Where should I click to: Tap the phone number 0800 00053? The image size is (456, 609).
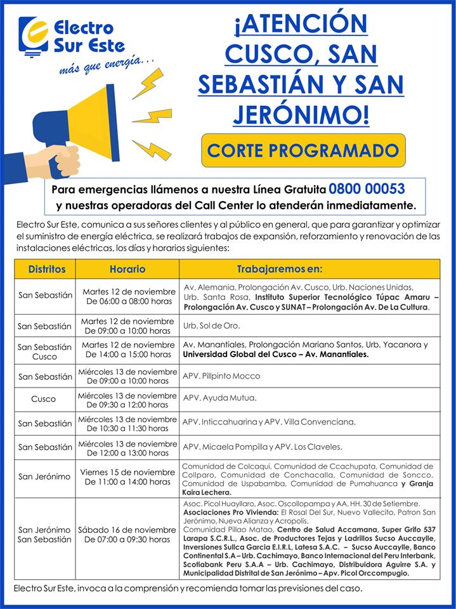coord(367,189)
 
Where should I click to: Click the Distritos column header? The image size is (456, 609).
coord(46,269)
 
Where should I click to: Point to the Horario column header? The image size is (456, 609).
coord(127,269)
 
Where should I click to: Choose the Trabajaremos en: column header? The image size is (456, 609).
coord(279,269)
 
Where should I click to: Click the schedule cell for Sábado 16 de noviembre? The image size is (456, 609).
coord(127,534)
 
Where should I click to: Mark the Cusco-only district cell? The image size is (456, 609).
coord(44,399)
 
